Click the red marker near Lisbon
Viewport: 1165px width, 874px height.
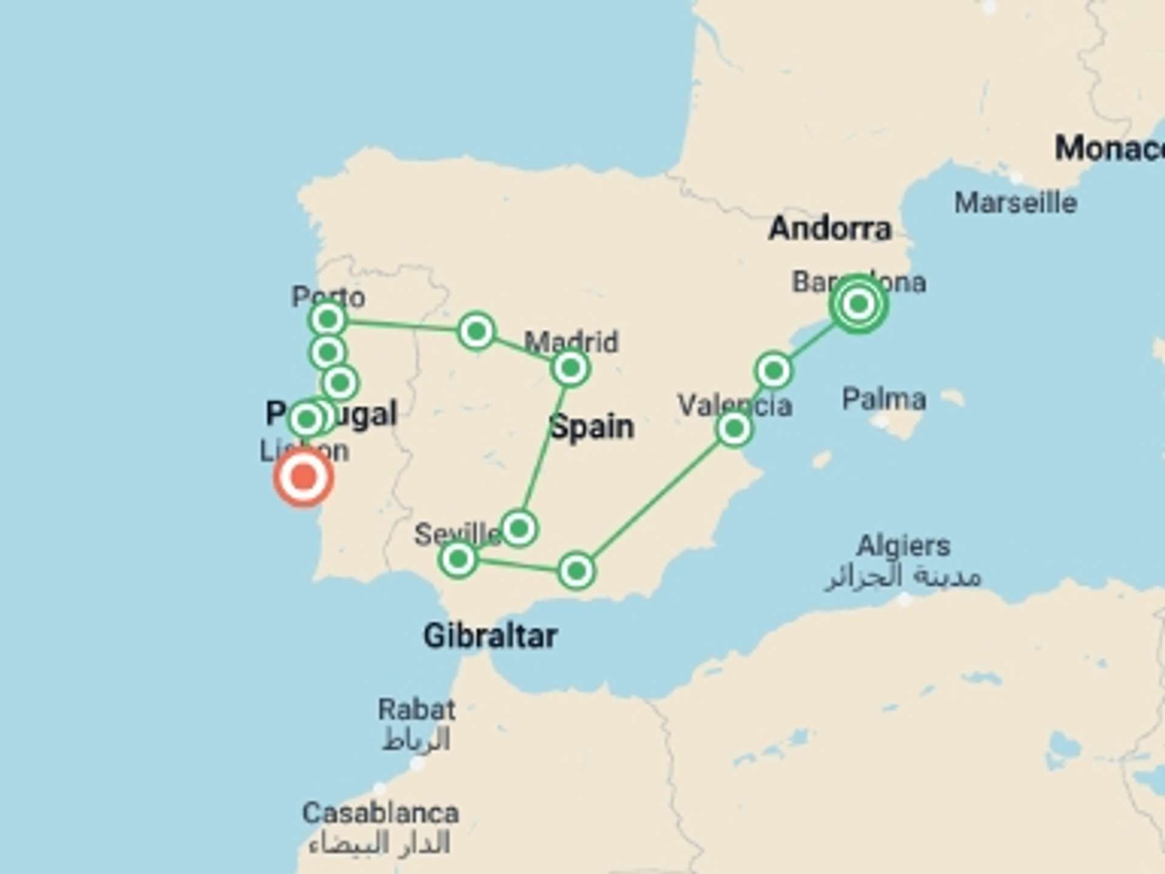tap(304, 478)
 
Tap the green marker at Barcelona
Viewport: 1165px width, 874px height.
tap(858, 303)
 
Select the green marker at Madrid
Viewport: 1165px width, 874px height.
tap(570, 368)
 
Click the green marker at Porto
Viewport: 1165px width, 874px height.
tap(328, 319)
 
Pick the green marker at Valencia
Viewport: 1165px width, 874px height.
tap(734, 429)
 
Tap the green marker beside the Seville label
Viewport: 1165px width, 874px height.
tap(519, 529)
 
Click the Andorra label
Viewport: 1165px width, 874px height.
tap(829, 229)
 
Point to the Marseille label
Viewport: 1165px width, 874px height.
tap(1015, 203)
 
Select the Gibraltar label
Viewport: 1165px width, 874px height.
tap(490, 636)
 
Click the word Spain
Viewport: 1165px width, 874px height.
tap(592, 427)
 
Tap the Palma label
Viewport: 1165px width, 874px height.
tap(883, 399)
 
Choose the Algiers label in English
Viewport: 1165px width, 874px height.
tap(903, 546)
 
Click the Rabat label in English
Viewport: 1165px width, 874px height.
tap(416, 709)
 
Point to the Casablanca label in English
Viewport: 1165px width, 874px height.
tap(380, 813)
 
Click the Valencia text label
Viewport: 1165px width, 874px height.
tap(734, 405)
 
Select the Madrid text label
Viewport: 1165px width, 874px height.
tap(571, 342)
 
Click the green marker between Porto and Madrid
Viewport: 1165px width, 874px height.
tap(476, 331)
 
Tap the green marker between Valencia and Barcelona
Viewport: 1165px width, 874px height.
tap(774, 370)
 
